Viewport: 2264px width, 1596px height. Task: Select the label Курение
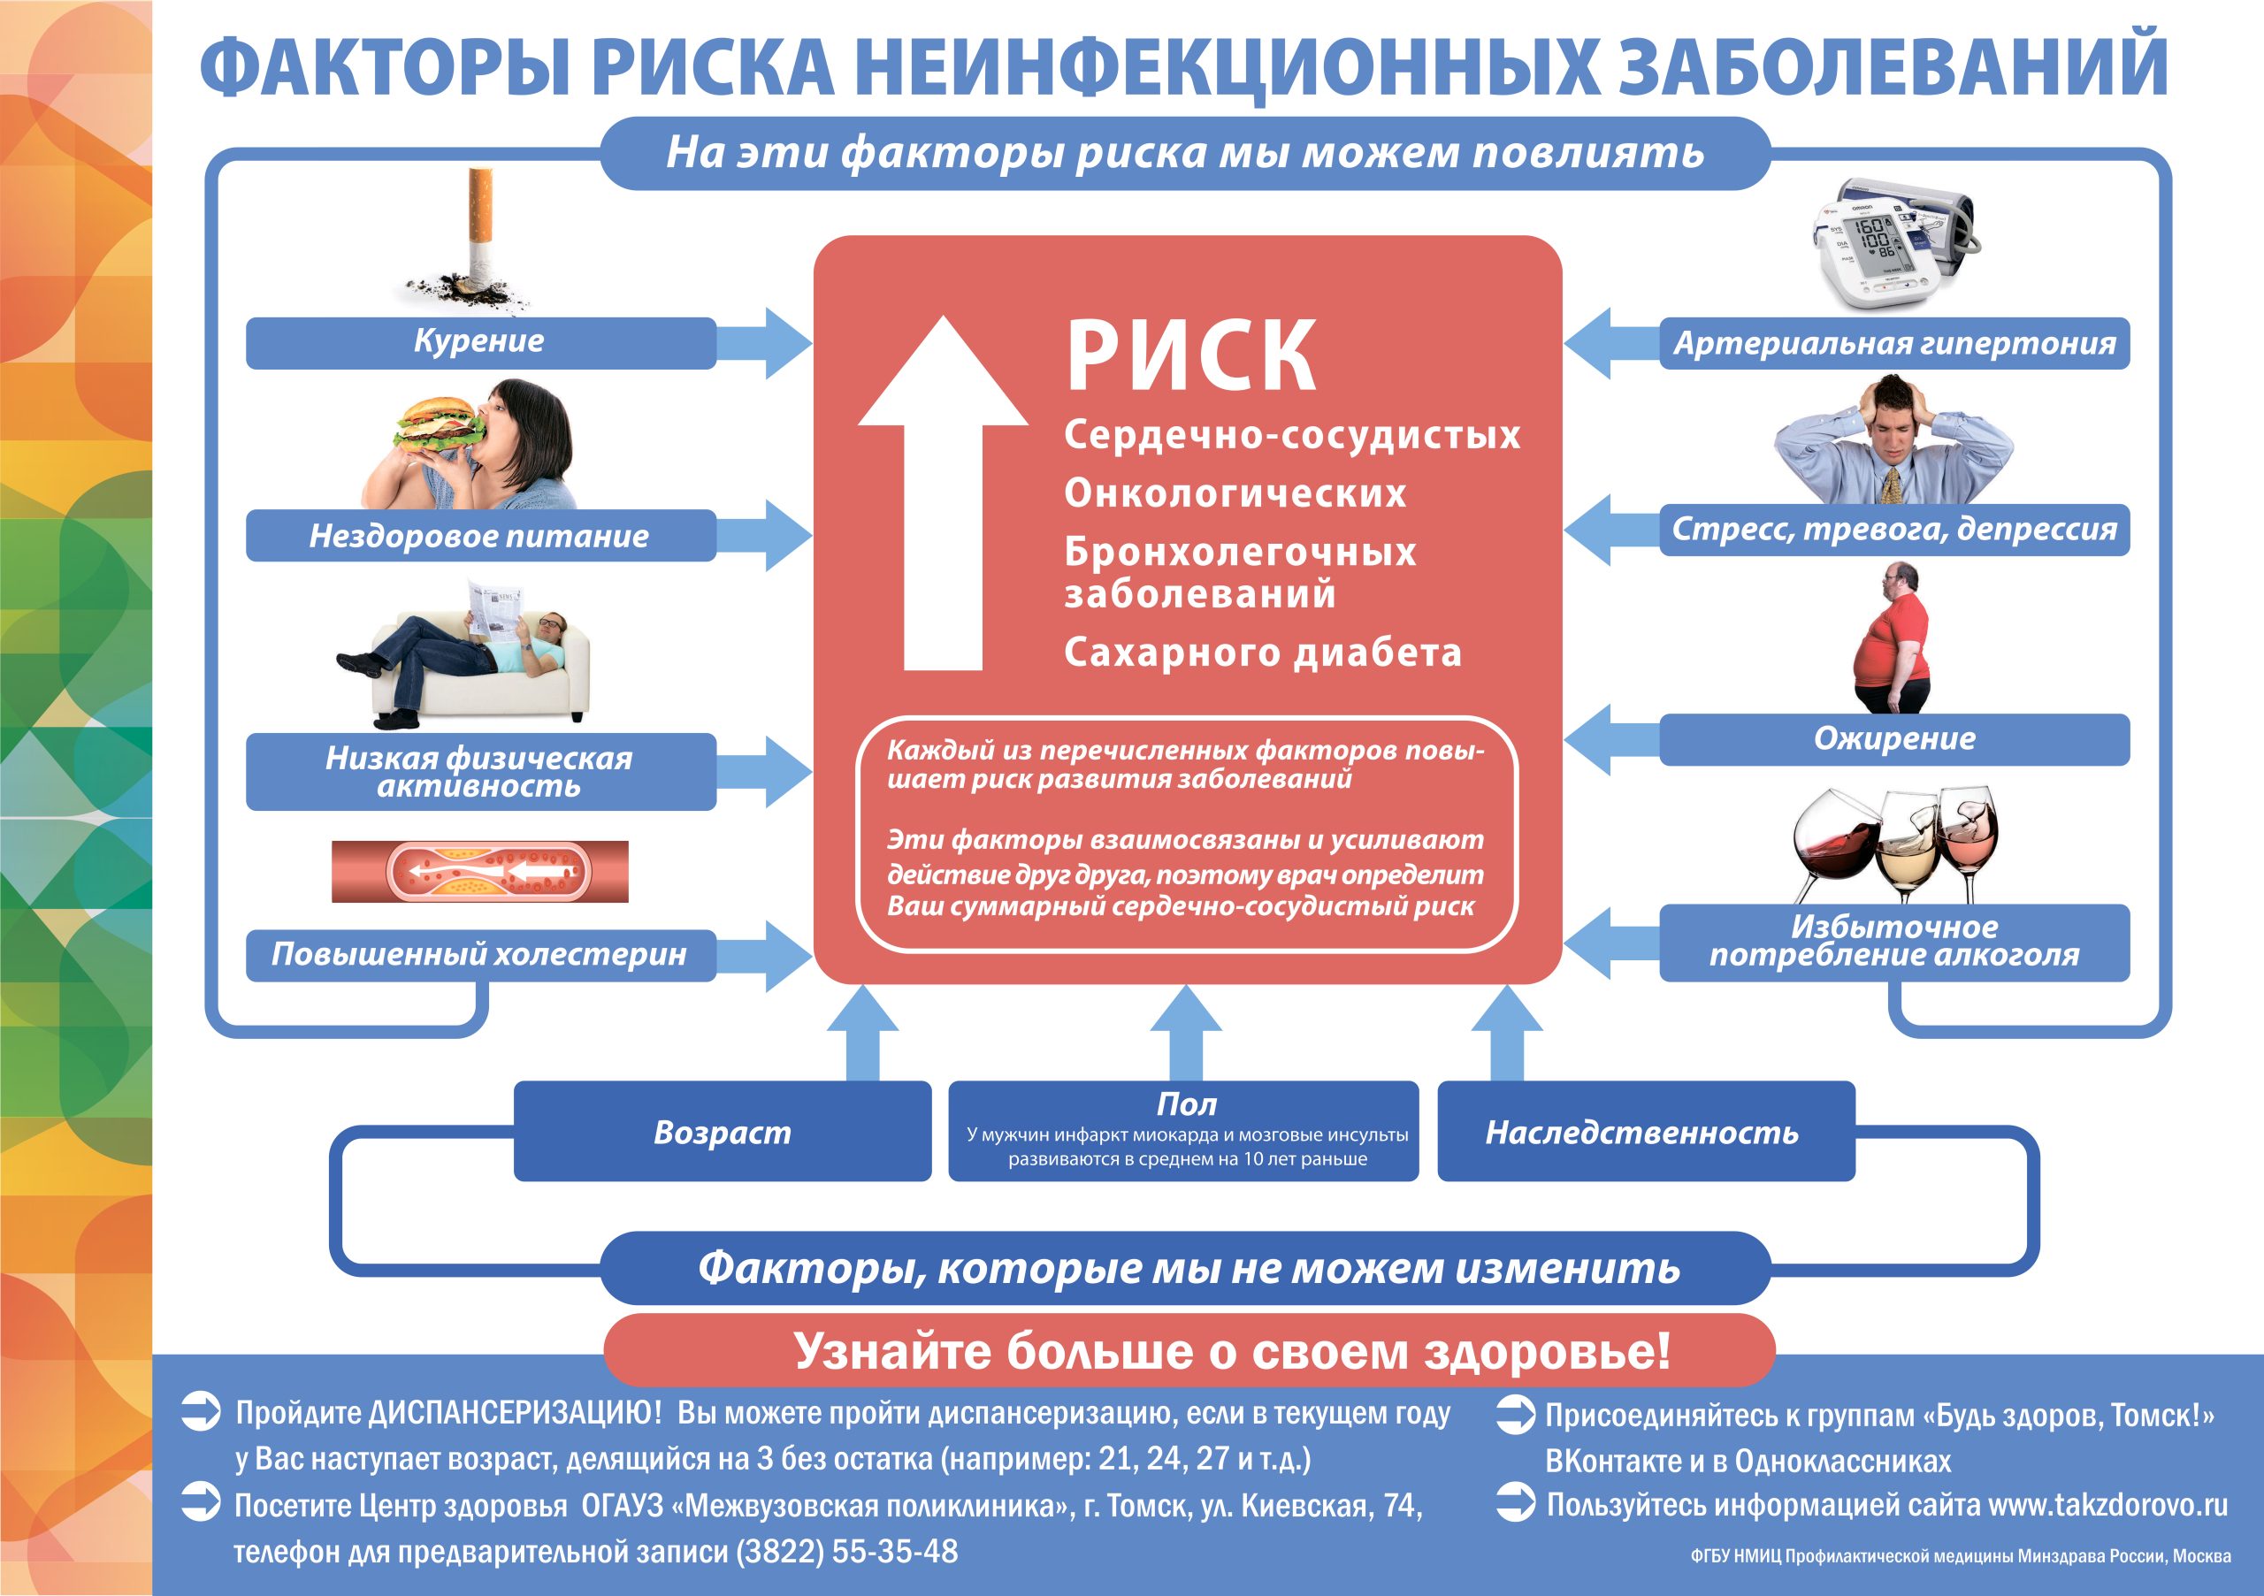[479, 341]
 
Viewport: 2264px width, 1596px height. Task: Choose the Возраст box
[723, 1132]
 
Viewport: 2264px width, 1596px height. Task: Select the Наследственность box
[1646, 1132]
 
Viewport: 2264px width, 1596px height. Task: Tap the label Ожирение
[1894, 738]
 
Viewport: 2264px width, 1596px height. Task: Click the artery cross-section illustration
[480, 872]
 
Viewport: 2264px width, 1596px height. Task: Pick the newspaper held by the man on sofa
[495, 609]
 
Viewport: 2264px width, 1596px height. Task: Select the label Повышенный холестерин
[479, 954]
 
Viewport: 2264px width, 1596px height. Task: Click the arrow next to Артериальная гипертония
[1611, 343]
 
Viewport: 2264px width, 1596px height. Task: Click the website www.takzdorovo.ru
[2108, 1505]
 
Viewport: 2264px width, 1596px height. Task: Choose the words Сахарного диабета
[1262, 653]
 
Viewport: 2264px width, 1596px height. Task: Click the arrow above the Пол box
[1186, 1033]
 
